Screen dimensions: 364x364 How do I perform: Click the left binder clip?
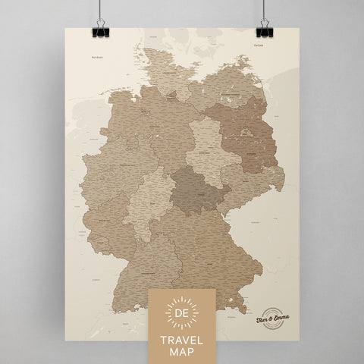click(x=101, y=30)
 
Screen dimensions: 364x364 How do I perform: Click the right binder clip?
click(x=263, y=30)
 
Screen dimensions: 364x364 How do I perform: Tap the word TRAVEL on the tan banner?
click(x=182, y=331)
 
